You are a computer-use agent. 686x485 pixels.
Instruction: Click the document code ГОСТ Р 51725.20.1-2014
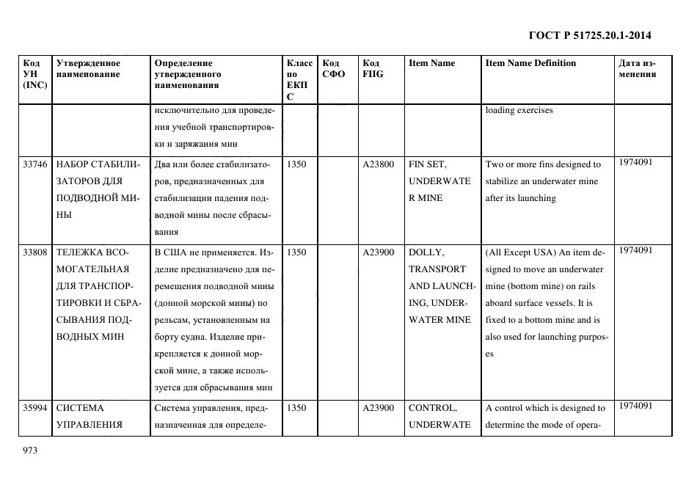(590, 34)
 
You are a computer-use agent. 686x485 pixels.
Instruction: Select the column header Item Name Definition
(530, 63)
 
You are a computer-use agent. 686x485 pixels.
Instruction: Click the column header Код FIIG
(373, 68)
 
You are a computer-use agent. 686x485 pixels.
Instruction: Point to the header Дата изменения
(638, 68)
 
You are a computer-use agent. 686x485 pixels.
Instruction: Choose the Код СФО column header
(333, 68)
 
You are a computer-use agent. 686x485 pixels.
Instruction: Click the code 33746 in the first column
(34, 164)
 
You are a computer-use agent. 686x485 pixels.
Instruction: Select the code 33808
(34, 252)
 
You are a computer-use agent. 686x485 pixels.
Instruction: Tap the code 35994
(34, 408)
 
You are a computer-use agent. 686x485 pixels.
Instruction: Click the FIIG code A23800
(379, 164)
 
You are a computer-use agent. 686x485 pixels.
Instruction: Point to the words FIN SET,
(428, 164)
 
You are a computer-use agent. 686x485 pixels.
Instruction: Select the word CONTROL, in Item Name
(432, 408)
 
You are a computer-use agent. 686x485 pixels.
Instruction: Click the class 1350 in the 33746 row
(296, 164)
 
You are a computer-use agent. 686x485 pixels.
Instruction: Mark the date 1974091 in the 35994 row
(635, 406)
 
